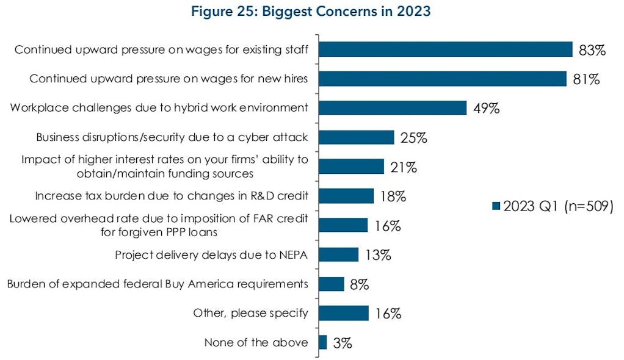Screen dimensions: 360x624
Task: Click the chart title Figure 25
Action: (311, 12)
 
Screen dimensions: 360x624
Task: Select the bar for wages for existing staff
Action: (445, 49)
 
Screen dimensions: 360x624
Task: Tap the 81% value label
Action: (587, 79)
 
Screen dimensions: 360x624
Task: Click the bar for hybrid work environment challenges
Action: (392, 108)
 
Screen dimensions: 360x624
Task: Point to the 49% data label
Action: (487, 109)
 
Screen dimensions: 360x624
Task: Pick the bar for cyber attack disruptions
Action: (356, 137)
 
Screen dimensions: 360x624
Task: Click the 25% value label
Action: (413, 138)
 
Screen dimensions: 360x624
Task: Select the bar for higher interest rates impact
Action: (351, 167)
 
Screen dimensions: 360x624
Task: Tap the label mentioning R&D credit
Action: (171, 196)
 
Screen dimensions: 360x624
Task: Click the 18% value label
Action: (393, 196)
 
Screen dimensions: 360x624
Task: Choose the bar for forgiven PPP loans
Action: (343, 225)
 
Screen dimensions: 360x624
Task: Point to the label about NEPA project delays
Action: (211, 254)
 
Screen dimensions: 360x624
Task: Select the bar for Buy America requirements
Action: (332, 284)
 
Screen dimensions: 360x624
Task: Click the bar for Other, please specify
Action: (343, 313)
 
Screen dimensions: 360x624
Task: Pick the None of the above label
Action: (256, 342)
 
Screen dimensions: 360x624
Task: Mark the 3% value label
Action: (343, 344)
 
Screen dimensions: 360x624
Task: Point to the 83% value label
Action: (592, 50)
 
